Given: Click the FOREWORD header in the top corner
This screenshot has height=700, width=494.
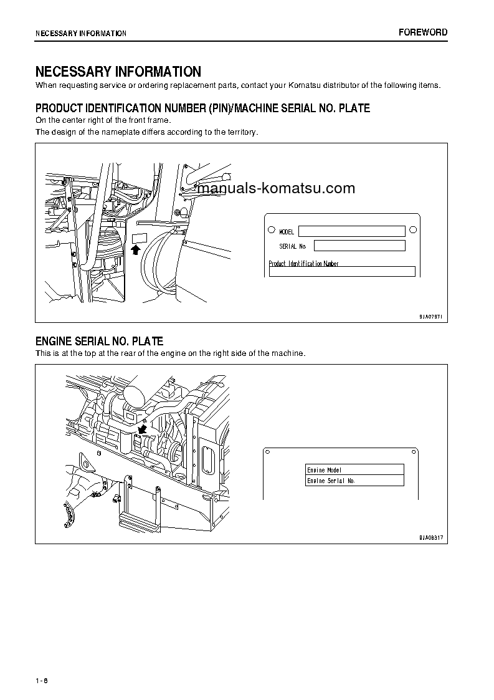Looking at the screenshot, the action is (422, 32).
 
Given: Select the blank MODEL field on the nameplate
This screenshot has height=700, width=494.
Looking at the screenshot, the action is (351, 231).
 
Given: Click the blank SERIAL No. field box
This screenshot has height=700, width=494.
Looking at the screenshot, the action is (359, 246).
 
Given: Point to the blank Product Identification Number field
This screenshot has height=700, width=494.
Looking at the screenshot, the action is (341, 271).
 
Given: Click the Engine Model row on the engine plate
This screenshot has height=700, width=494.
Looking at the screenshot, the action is (354, 469).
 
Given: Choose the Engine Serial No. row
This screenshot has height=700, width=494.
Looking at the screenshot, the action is (354, 481).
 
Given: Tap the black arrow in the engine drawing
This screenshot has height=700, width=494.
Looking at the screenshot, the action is (143, 429).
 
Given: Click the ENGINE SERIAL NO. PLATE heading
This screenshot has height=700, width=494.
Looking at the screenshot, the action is (99, 342).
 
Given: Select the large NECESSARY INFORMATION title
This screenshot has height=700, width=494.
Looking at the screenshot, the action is (118, 72).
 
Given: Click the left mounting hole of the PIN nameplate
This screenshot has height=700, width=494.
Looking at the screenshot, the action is (271, 229).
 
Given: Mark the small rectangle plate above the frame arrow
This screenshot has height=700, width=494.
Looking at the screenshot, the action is (138, 237).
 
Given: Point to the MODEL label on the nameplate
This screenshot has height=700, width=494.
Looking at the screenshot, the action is (286, 232).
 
